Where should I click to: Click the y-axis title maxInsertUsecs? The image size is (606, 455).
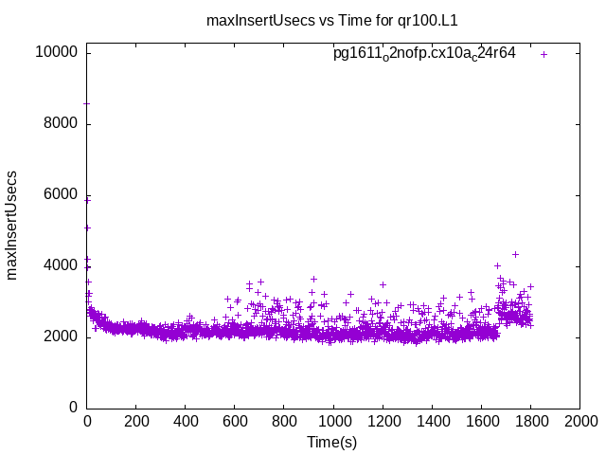point(12,225)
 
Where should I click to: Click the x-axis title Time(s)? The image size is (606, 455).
point(331,442)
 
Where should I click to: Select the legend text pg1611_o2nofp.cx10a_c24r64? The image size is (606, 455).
point(424,53)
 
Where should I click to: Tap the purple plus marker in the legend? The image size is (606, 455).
point(544,54)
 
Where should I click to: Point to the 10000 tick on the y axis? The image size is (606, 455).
point(58,53)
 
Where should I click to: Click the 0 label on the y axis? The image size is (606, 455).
point(73,408)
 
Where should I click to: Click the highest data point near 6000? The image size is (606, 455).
point(88,199)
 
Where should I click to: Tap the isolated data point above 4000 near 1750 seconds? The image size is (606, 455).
point(515,254)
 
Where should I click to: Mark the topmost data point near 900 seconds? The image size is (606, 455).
point(313,279)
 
